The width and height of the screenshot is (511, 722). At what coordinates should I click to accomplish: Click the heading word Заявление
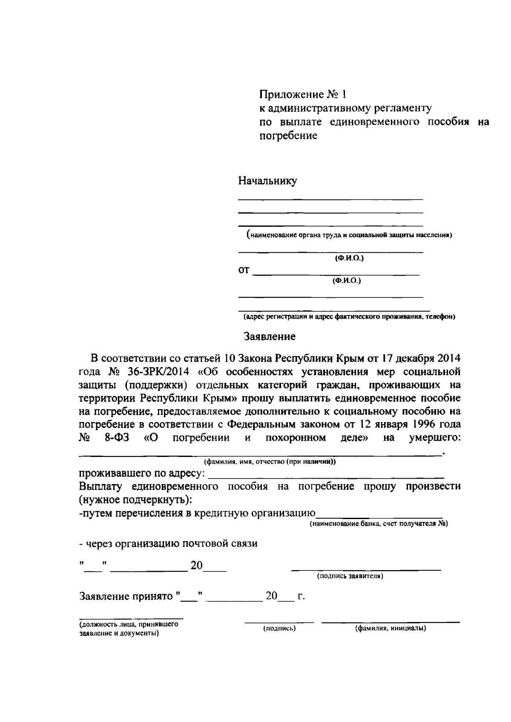[269, 337]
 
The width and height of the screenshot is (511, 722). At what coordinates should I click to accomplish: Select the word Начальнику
[267, 181]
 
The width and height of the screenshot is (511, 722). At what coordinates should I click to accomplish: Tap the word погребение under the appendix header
[288, 137]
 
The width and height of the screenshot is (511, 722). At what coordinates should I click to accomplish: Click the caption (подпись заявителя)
[350, 576]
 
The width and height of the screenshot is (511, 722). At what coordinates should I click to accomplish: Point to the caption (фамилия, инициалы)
[390, 628]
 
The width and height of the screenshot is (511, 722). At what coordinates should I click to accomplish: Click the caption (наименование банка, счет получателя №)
[379, 524]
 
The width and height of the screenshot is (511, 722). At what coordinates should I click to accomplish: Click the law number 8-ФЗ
[117, 438]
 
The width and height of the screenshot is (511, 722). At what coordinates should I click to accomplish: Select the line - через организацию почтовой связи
[168, 544]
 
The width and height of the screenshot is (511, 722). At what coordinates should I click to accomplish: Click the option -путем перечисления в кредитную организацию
[197, 513]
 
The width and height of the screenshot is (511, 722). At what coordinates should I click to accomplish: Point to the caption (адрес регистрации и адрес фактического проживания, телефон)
[349, 317]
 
